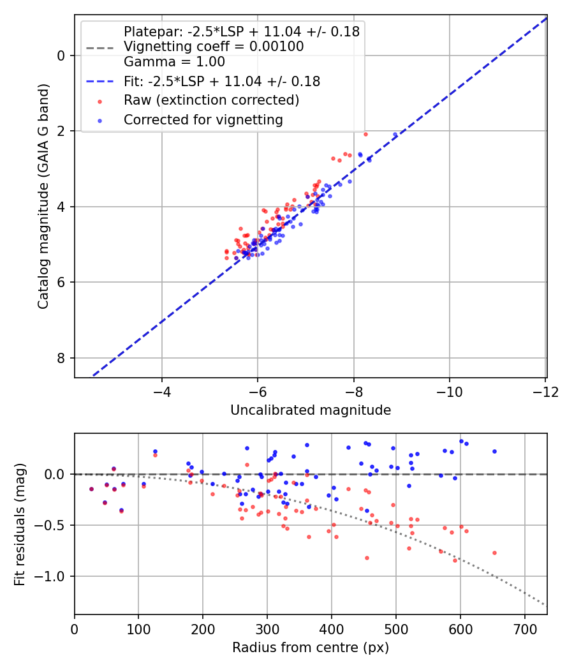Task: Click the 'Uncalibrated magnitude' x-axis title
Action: tap(311, 410)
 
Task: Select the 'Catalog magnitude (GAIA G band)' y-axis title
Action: tap(43, 196)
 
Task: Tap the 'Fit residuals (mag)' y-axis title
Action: tap(20, 525)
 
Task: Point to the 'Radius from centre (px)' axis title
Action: tap(311, 648)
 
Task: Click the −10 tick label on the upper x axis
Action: tap(449, 392)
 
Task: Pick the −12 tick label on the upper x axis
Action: tap(545, 392)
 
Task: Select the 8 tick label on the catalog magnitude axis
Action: tap(60, 358)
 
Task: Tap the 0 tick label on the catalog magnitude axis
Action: tap(60, 56)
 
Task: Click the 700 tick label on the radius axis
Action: tap(524, 629)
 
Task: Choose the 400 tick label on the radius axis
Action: tap(332, 629)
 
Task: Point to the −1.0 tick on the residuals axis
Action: tap(50, 576)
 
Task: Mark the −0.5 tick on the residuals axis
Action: tap(50, 525)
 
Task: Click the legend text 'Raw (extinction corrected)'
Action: tap(211, 100)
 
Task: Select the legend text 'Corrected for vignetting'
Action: tap(203, 120)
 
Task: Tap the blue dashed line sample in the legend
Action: tap(100, 81)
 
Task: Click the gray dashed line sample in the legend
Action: tap(100, 48)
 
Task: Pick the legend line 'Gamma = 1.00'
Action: tap(174, 62)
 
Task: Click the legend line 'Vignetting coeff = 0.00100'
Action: tap(214, 47)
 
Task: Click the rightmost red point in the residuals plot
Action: tap(494, 553)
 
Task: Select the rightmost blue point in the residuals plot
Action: tap(494, 451)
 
